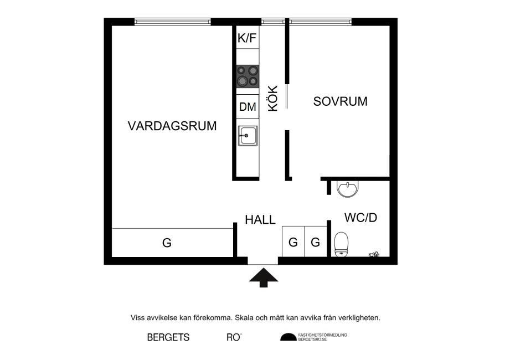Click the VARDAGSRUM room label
coord(172,126)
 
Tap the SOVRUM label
coord(340,101)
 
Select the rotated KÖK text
coord(272,98)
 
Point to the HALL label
coord(260,220)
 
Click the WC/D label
coord(360,218)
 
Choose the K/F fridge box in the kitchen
coord(248,38)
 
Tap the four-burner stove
coord(248,76)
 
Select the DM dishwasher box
coord(248,107)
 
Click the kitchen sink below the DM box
coord(248,135)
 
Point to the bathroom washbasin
coord(348,189)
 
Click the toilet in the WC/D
coord(341,244)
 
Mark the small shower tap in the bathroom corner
coord(374,255)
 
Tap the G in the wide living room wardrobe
coord(167,243)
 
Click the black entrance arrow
coord(263,276)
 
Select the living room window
coord(173,22)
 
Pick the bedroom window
coord(321,22)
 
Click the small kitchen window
coord(272,22)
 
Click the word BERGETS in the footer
coord(168,337)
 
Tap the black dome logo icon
coord(288,337)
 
